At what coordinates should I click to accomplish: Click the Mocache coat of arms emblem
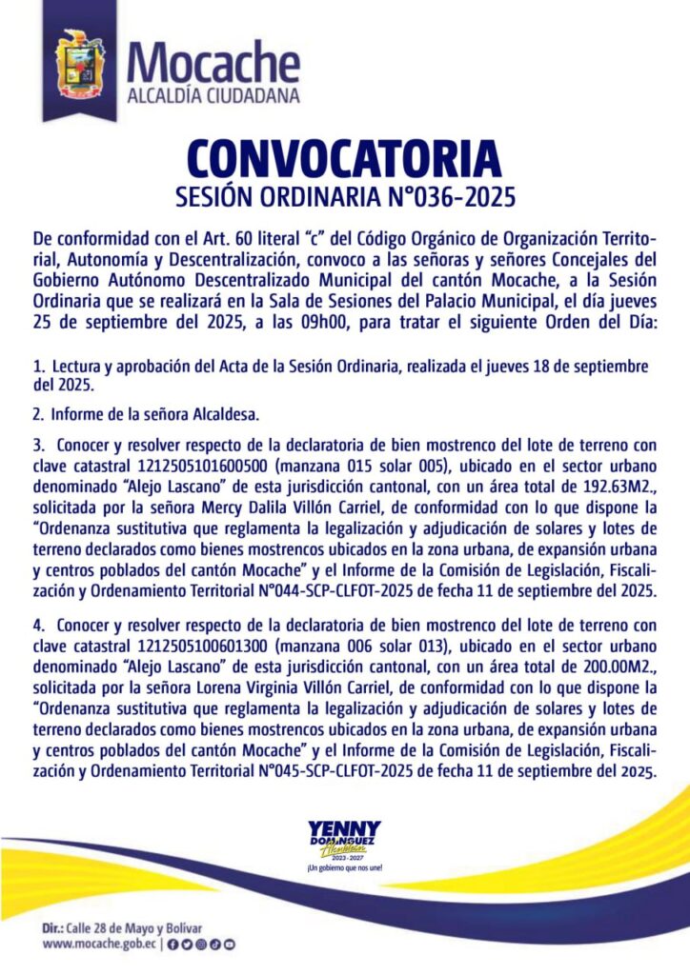click(x=84, y=64)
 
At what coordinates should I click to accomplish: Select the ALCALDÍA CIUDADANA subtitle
click(x=213, y=95)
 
